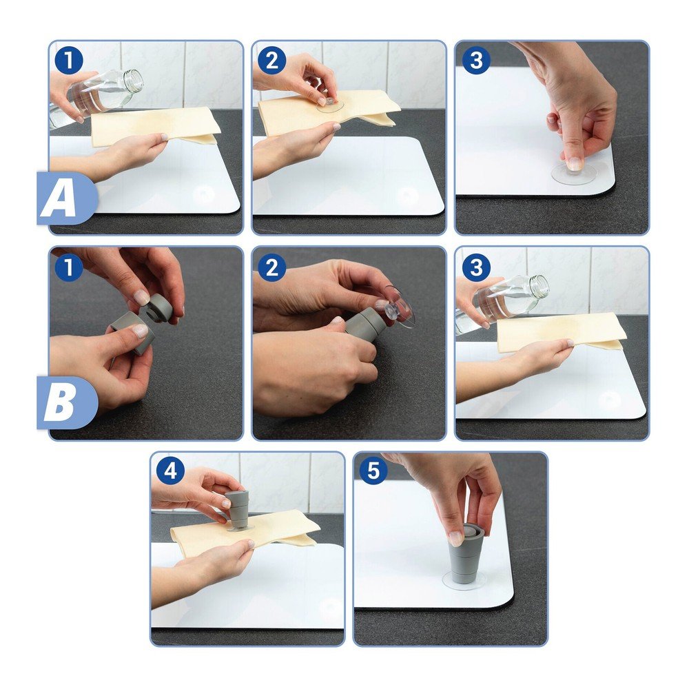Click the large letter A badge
(x=66, y=198)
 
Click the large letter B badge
(x=66, y=402)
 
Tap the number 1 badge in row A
(x=69, y=60)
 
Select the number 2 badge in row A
(x=272, y=60)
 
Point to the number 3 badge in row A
(x=476, y=60)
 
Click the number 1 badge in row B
(x=69, y=267)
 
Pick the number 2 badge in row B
(x=272, y=267)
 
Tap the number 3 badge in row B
(x=476, y=267)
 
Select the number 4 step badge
(x=170, y=471)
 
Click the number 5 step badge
(x=373, y=471)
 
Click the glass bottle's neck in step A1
(x=133, y=81)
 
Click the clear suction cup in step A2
(x=329, y=105)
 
